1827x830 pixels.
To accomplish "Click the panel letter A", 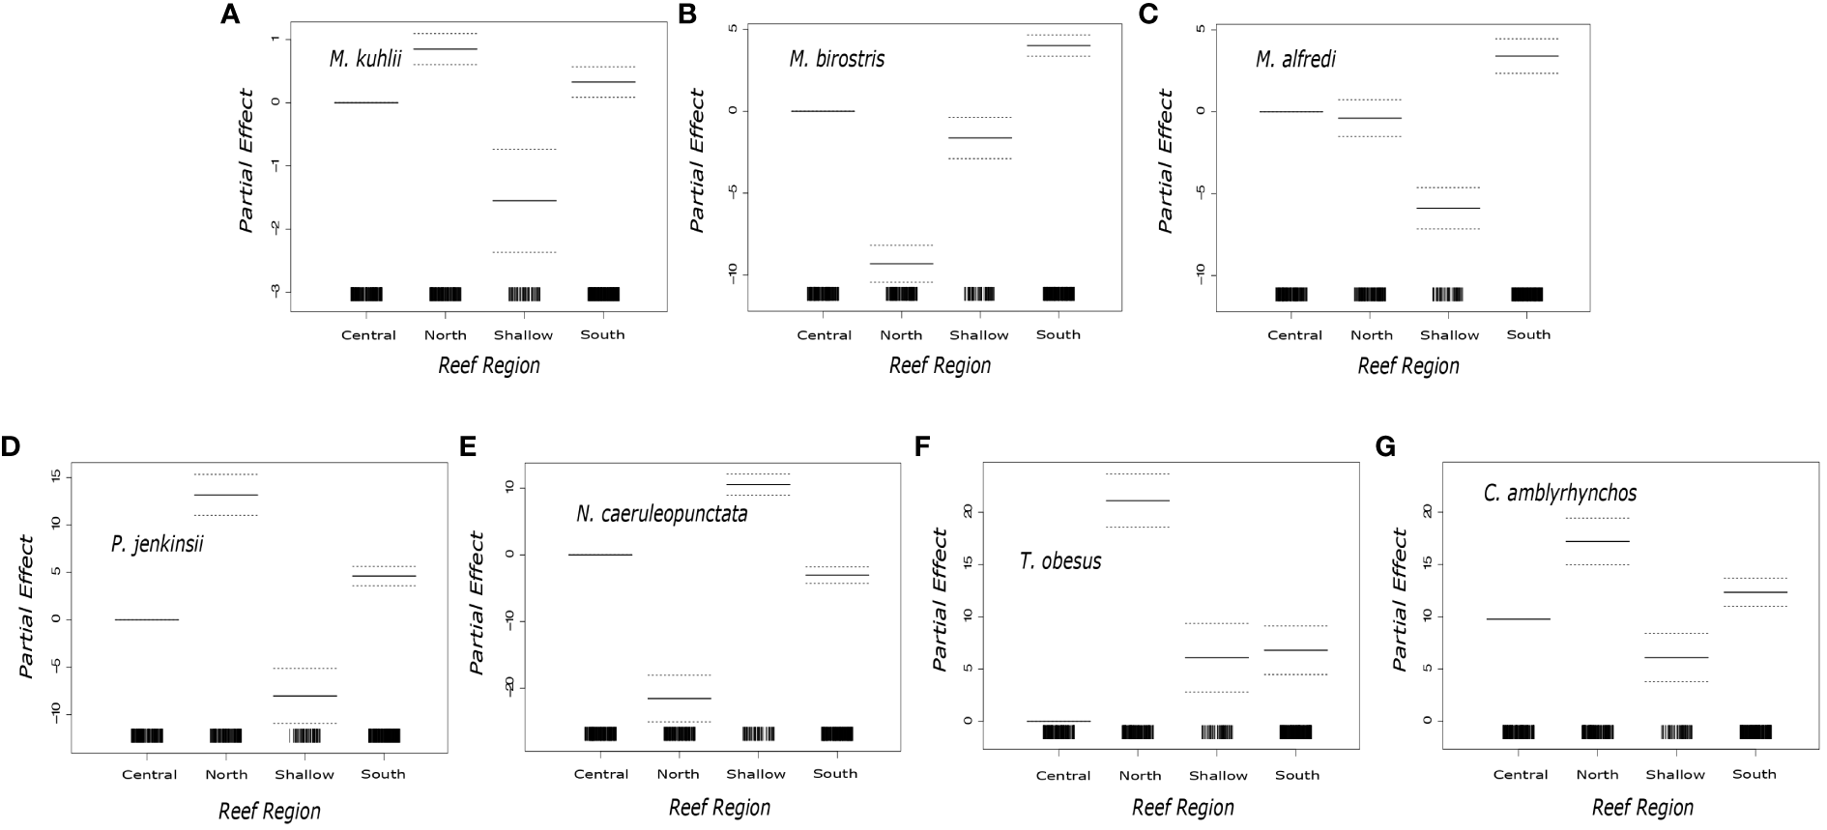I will point(229,14).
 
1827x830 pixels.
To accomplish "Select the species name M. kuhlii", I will point(364,59).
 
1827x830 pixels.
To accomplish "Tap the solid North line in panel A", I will point(446,48).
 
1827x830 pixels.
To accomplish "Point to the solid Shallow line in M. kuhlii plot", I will point(524,201).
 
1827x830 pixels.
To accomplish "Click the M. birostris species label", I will point(836,59).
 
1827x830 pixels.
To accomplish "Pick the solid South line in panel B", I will point(1058,45).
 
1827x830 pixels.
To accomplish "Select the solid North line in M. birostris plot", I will point(901,263).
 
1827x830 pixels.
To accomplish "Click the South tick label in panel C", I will point(1528,334).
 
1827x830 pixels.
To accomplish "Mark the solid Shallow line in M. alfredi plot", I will point(1448,208).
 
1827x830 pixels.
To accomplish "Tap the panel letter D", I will point(11,447).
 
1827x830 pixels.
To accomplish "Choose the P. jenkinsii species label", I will point(157,544).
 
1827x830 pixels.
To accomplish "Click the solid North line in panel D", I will point(226,495).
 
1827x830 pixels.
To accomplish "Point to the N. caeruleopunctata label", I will point(661,514).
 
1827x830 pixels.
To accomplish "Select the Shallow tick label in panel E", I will point(756,774).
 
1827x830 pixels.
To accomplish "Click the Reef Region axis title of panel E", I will point(719,807).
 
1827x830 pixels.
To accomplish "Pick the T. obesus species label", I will point(1060,560).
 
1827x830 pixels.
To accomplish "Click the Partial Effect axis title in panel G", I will point(1400,599).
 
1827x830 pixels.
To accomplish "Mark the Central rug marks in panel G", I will point(1518,731).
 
